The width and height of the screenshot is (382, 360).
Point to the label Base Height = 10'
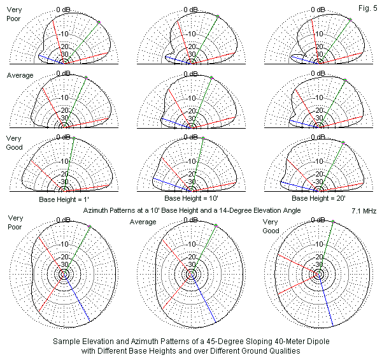pos(190,199)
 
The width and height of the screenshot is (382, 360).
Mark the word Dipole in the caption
pos(302,342)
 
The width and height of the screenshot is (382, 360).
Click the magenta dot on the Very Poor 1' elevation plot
pos(99,22)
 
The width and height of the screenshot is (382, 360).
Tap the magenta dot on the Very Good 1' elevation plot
pos(74,138)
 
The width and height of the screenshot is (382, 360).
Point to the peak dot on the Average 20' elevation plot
pos(344,80)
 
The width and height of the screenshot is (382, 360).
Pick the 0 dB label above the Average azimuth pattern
pos(190,220)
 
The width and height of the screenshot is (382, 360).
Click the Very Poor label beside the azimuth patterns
pos(15,223)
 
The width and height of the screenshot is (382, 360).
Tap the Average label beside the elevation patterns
pos(20,75)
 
